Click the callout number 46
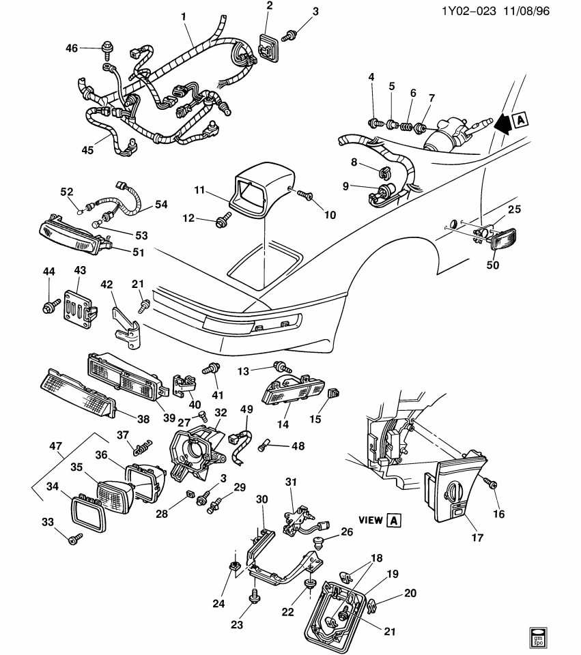(72, 48)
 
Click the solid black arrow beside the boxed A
(503, 122)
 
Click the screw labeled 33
(73, 540)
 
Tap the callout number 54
(161, 205)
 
